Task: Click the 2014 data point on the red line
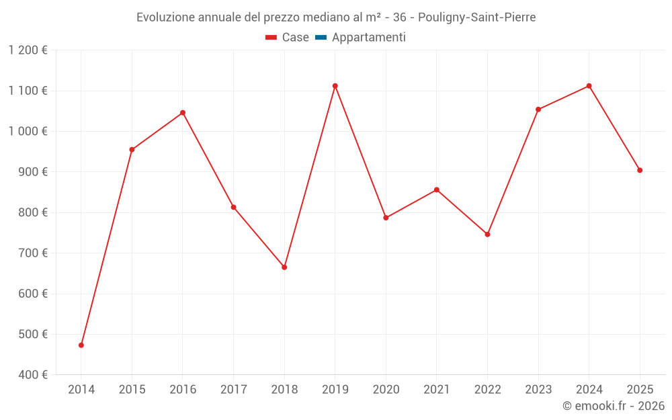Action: [81, 345]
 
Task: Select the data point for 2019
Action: [335, 86]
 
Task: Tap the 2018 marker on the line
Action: [284, 267]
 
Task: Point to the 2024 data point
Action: [589, 86]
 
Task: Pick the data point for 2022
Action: [488, 235]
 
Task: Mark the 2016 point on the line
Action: [183, 113]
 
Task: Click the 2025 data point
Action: [640, 171]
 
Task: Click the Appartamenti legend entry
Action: [368, 38]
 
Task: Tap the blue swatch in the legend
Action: [321, 38]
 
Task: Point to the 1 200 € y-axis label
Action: [28, 50]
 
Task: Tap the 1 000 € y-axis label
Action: [28, 132]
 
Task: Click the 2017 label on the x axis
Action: [233, 390]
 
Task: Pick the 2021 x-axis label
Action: [437, 390]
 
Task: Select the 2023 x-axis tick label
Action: [538, 390]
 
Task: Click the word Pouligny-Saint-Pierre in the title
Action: [481, 17]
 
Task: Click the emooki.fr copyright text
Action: [614, 406]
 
